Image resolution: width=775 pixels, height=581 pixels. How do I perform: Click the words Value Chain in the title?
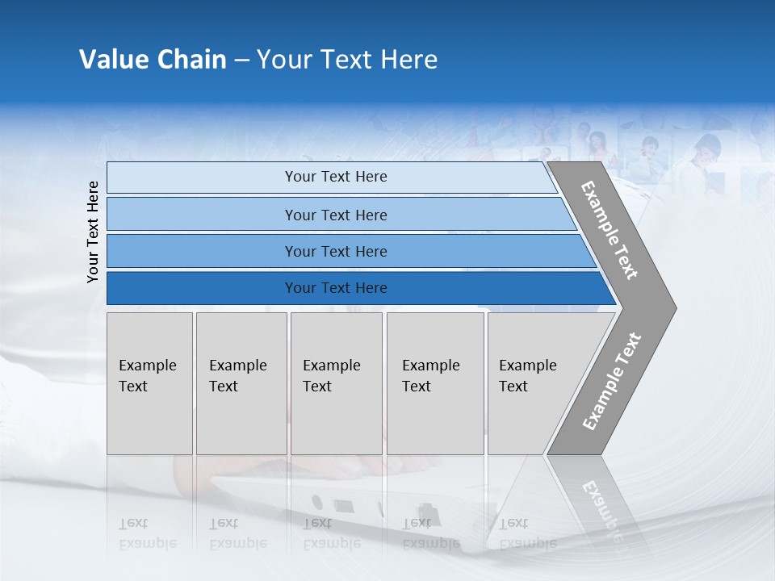pyautogui.click(x=153, y=60)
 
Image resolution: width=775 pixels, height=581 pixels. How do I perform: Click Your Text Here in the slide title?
pyautogui.click(x=347, y=60)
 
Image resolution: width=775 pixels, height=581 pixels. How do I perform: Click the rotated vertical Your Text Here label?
pyautogui.click(x=93, y=232)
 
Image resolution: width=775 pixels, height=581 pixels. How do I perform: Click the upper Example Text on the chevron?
pyautogui.click(x=610, y=230)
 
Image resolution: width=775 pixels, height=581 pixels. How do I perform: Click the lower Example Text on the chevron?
pyautogui.click(x=611, y=382)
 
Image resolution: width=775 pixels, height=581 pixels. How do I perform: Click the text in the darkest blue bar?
pyautogui.click(x=336, y=288)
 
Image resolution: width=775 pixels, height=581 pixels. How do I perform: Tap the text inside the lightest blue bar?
pyautogui.click(x=336, y=177)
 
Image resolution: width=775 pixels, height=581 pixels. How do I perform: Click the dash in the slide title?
pyautogui.click(x=241, y=61)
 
